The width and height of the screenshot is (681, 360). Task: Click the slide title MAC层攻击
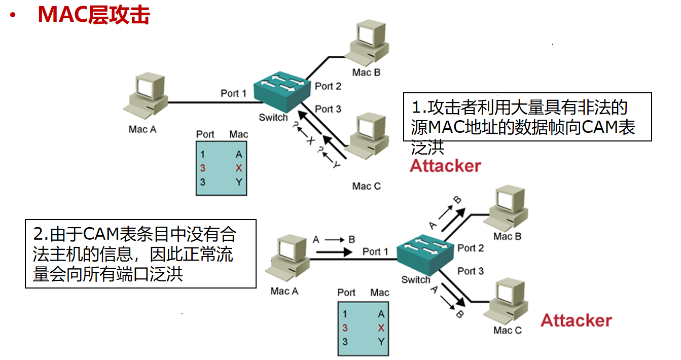pyautogui.click(x=93, y=15)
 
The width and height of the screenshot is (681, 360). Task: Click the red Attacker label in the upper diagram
pyautogui.click(x=445, y=166)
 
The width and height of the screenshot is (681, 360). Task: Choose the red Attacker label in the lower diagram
pyautogui.click(x=576, y=320)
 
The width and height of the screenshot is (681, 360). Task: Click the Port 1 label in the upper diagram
pyautogui.click(x=233, y=93)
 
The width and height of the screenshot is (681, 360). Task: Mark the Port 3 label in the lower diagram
pyautogui.click(x=471, y=271)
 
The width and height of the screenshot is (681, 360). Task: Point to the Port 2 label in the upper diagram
pyautogui.click(x=328, y=86)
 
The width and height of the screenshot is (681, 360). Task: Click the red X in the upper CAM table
pyautogui.click(x=238, y=168)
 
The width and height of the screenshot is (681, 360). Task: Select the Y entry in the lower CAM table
pyautogui.click(x=381, y=342)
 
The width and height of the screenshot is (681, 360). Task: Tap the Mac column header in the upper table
pyautogui.click(x=238, y=134)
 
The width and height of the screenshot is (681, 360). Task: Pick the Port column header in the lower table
pyautogui.click(x=346, y=293)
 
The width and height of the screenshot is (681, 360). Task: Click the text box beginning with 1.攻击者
pyautogui.click(x=527, y=117)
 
